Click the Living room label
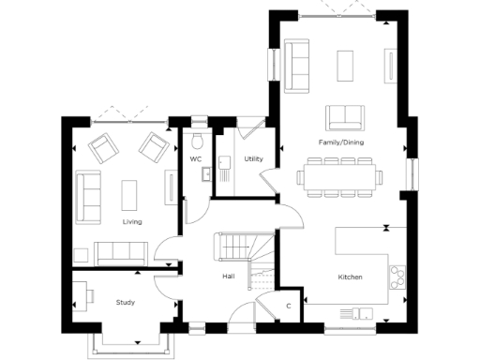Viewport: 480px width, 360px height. tap(131, 222)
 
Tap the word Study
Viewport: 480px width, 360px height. tap(126, 303)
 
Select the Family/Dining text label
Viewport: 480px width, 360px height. tap(341, 142)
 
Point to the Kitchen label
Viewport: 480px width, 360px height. tap(350, 277)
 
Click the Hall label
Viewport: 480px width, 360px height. tap(228, 277)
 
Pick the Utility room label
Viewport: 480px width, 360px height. tap(253, 159)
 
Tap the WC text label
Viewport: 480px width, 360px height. tap(196, 159)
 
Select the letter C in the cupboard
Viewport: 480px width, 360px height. tap(289, 307)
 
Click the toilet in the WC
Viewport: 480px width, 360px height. tap(196, 140)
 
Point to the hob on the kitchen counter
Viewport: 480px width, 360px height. tap(397, 276)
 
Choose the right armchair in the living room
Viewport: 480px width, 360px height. tap(151, 145)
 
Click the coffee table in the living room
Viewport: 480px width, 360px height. tap(129, 194)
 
